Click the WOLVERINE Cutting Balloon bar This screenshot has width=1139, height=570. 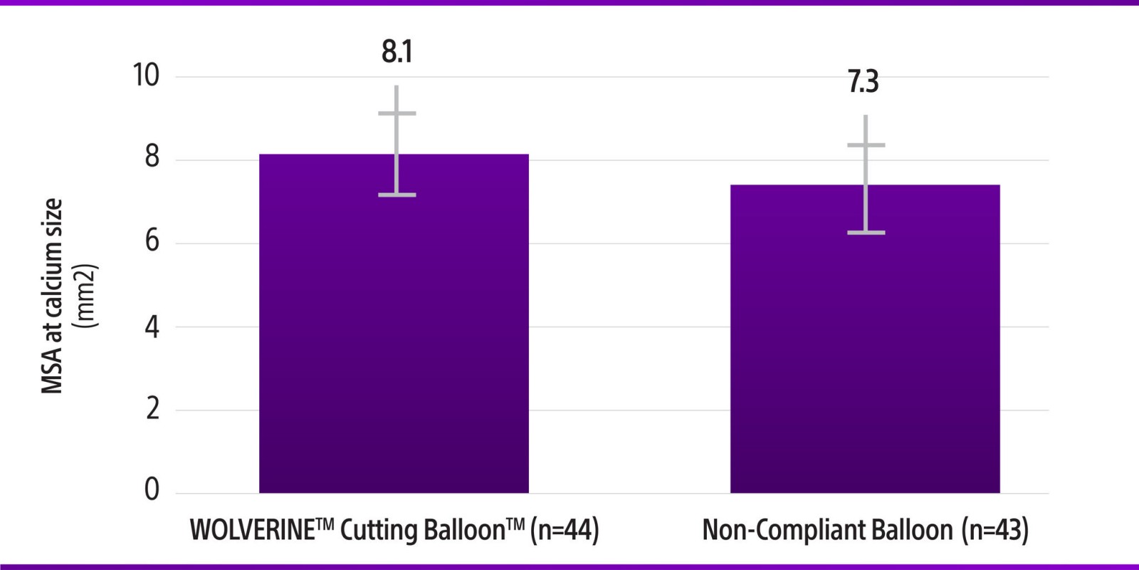394,342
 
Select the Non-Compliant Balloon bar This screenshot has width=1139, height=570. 865,356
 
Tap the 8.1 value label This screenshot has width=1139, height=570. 397,52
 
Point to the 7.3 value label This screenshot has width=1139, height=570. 863,83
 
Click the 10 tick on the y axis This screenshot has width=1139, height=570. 147,76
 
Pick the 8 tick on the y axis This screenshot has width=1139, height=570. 152,157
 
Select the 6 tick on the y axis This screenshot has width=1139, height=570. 152,241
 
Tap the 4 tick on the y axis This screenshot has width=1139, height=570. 152,327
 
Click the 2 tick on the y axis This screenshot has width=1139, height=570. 152,409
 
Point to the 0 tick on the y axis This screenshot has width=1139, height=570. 152,489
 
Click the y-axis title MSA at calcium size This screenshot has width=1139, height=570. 52,296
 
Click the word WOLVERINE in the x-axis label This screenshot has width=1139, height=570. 252,531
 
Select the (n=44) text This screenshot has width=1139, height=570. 565,531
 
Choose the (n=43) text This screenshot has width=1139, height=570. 994,531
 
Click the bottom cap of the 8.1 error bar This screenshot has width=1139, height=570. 397,195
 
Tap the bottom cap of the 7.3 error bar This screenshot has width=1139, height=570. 866,233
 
